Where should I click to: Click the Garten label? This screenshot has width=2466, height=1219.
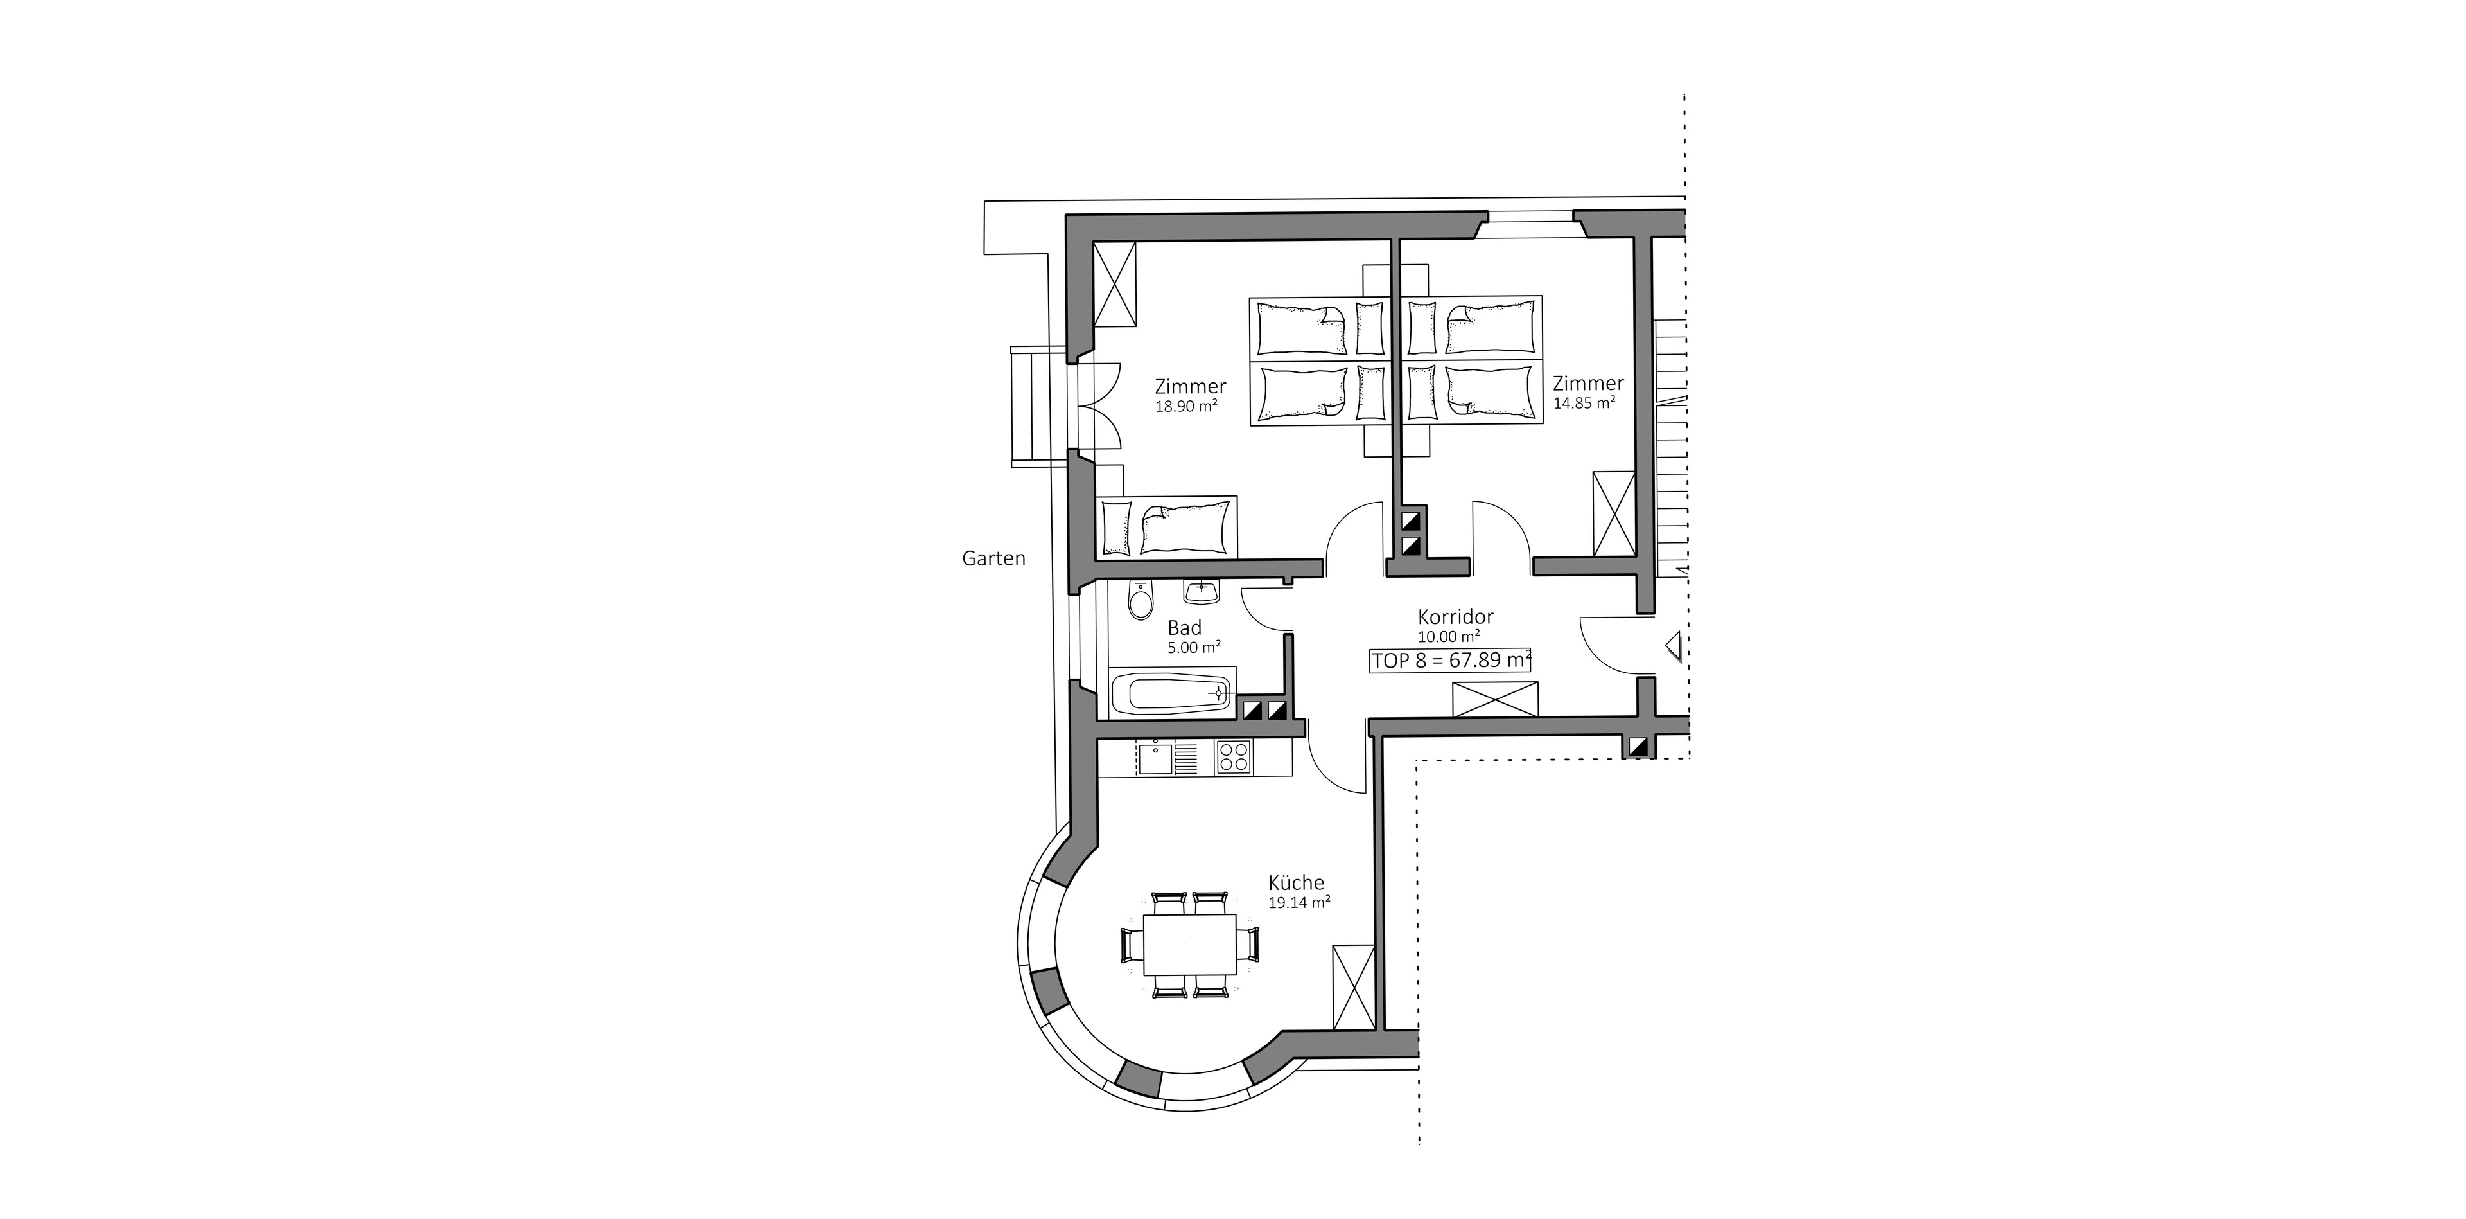(993, 558)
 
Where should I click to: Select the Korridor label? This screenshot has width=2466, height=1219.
(1455, 618)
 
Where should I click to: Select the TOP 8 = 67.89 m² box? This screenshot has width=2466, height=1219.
(1450, 661)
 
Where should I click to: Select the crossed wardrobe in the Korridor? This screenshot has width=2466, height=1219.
(1495, 699)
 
